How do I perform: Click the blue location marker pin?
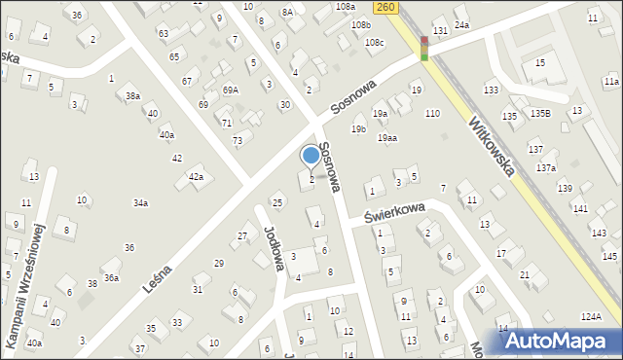click(311, 155)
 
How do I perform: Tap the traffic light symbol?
click(424, 47)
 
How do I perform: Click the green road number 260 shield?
click(386, 7)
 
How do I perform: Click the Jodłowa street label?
click(274, 247)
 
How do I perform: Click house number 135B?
click(540, 114)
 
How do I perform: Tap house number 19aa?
click(387, 138)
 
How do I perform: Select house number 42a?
click(196, 176)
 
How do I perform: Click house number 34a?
click(140, 202)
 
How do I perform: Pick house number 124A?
click(591, 317)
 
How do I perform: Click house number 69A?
click(231, 90)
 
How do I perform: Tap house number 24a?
click(461, 24)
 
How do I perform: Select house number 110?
click(432, 114)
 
